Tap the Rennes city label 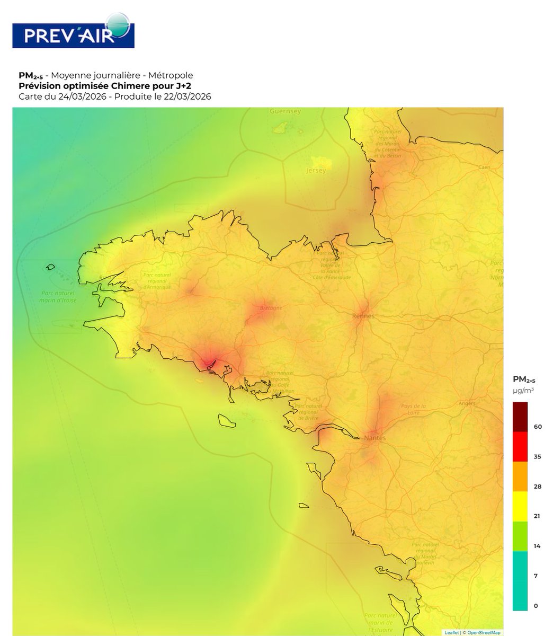363,316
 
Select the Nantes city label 375,438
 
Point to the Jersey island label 316,171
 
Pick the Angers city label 467,403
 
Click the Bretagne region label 271,308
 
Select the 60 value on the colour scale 537,427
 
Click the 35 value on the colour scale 537,456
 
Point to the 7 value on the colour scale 536,576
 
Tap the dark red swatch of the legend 520,417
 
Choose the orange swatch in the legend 520,476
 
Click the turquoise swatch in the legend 520,581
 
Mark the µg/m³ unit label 523,391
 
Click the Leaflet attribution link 451,632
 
